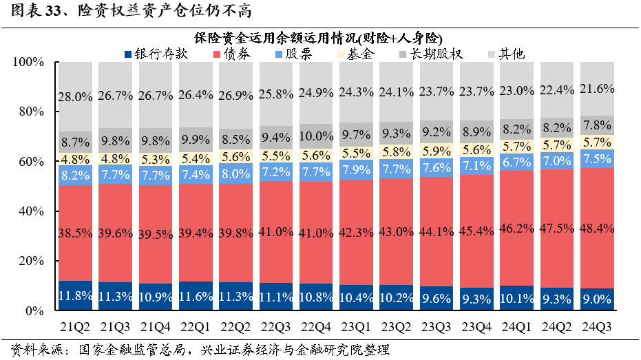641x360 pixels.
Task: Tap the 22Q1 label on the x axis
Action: [x=196, y=325]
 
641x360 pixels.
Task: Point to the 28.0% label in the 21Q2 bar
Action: [x=76, y=97]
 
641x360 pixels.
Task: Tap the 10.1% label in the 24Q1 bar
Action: [x=518, y=299]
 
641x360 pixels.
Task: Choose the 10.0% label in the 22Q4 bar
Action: [x=316, y=136]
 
